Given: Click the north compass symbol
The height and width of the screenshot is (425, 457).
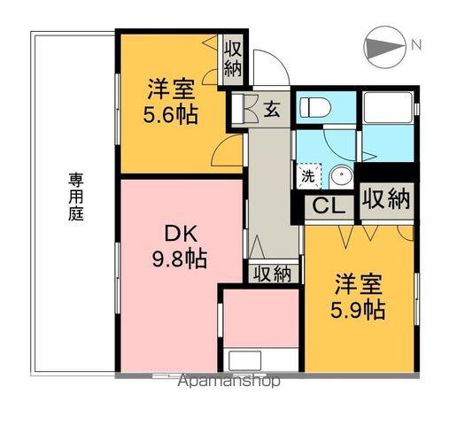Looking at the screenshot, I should click(x=383, y=46).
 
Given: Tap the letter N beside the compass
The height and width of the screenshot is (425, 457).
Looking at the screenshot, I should click(x=415, y=44).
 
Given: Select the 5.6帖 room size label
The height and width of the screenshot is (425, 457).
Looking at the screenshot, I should click(x=172, y=114).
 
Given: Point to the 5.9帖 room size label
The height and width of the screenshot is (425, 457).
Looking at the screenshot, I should click(x=359, y=310).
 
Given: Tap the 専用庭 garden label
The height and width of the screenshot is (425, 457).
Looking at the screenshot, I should click(x=76, y=197).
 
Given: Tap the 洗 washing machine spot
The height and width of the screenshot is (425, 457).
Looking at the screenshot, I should click(x=307, y=175).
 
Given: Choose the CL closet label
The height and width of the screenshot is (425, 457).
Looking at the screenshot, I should click(x=324, y=208).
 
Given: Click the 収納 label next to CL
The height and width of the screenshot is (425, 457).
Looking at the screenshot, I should click(x=386, y=198).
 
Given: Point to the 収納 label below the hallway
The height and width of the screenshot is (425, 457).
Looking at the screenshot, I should click(x=271, y=274).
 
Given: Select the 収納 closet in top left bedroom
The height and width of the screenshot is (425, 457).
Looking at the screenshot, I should click(x=233, y=57).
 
